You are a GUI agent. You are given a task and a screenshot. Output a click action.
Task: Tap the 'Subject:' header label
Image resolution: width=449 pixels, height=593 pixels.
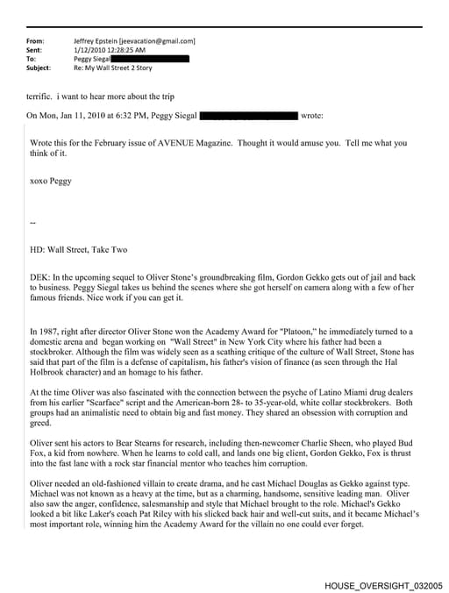point(39,68)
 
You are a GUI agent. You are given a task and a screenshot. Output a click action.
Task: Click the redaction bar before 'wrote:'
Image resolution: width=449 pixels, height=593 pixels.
point(249,115)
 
